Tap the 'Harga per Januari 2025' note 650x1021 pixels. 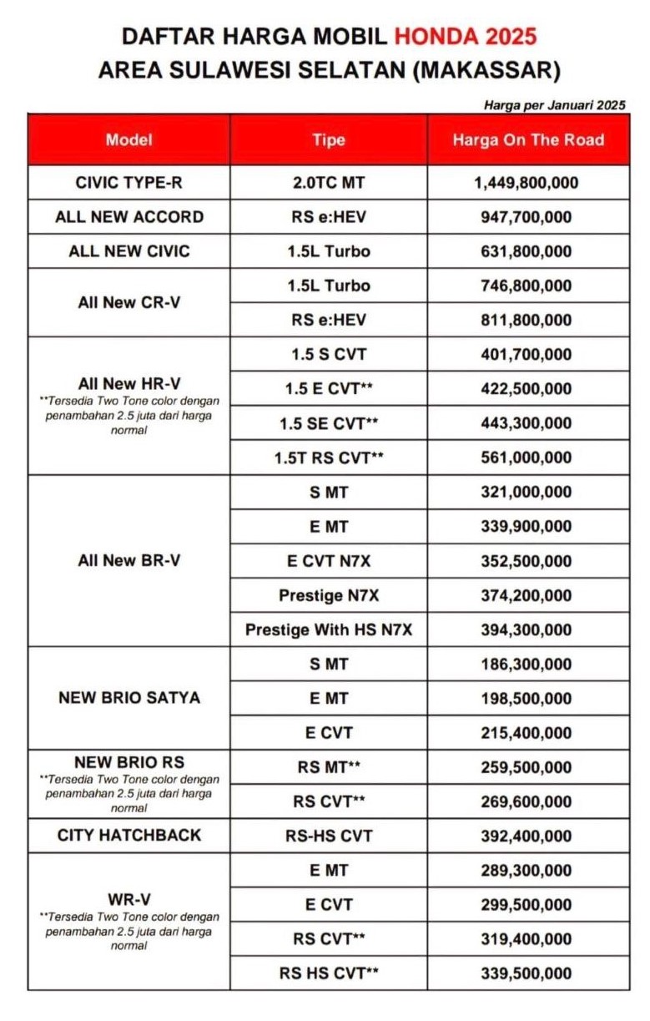(x=554, y=105)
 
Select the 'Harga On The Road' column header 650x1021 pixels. (x=527, y=139)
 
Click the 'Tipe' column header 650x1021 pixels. (x=329, y=139)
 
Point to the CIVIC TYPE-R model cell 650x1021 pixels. (x=128, y=183)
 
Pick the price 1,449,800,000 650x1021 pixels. (x=527, y=183)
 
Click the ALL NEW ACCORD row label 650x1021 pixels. (x=128, y=217)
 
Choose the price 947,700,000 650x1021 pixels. (x=527, y=217)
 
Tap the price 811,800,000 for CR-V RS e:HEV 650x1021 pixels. (x=527, y=320)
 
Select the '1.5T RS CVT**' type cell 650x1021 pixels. (x=329, y=457)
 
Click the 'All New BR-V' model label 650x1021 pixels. (x=128, y=561)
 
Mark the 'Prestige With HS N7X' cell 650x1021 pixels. (x=329, y=630)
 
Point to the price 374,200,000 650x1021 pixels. (x=527, y=595)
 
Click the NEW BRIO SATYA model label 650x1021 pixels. (x=128, y=698)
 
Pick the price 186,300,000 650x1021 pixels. (x=527, y=665)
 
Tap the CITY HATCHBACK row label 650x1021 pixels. (x=128, y=835)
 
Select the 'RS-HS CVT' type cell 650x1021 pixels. (x=329, y=836)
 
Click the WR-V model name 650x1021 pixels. (x=128, y=899)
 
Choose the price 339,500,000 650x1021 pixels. (x=527, y=973)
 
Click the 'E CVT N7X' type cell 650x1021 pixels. (x=329, y=561)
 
